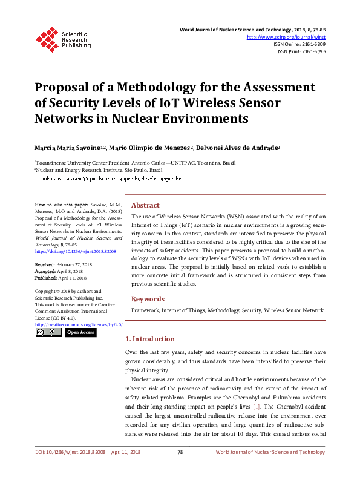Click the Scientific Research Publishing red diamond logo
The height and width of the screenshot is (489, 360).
(46, 38)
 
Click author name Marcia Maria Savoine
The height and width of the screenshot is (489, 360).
(70, 148)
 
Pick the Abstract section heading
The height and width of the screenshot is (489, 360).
(145, 205)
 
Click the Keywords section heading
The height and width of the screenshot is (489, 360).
(148, 298)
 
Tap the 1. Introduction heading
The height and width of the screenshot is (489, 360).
(149, 339)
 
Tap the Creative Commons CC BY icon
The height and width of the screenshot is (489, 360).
(48, 332)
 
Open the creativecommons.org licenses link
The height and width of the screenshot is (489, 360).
(79, 324)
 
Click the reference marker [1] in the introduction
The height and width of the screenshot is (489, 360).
(257, 407)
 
